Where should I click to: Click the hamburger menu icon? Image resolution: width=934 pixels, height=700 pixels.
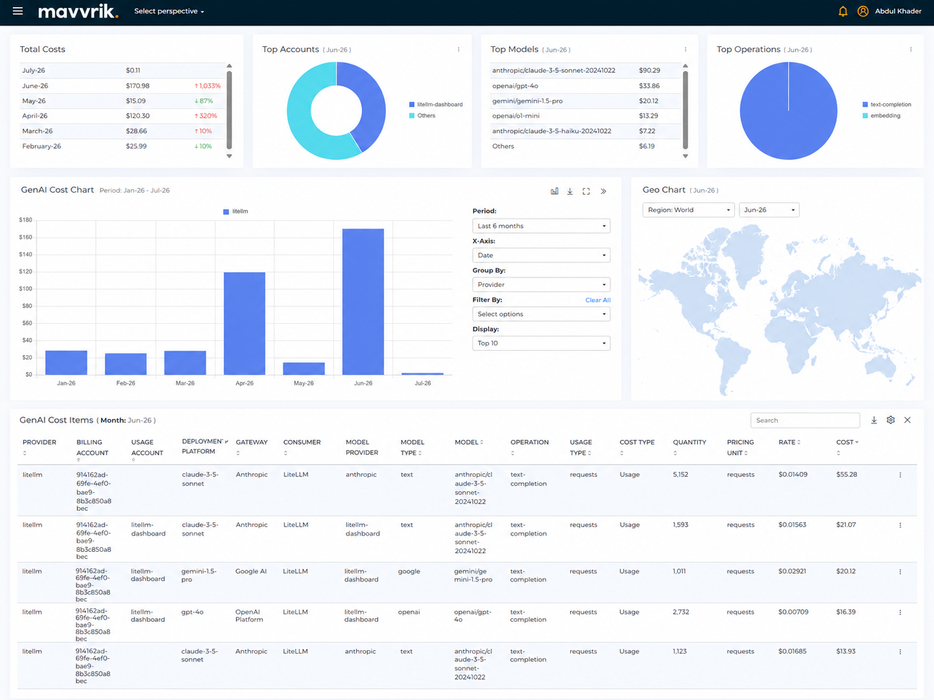coord(17,11)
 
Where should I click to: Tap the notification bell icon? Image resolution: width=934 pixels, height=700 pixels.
coord(842,12)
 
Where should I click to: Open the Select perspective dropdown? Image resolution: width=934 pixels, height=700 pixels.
coord(169,12)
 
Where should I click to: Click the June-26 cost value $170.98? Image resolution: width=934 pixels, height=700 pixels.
coord(137,86)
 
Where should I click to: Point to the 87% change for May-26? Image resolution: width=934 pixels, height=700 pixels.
coord(203,101)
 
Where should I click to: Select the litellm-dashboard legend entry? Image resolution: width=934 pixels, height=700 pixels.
coord(436,104)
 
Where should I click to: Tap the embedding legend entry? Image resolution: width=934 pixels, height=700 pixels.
coord(881,115)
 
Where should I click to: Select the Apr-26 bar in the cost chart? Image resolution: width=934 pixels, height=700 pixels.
coord(244,324)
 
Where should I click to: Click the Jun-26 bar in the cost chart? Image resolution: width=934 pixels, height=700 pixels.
coord(363,302)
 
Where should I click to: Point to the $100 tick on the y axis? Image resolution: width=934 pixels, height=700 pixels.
coord(26,289)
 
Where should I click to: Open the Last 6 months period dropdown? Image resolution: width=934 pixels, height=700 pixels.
coord(541,226)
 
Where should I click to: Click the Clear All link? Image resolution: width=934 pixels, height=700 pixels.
coord(597,300)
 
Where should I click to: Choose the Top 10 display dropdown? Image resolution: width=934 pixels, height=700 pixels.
coord(541,344)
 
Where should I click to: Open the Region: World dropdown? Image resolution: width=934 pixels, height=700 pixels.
coord(688,210)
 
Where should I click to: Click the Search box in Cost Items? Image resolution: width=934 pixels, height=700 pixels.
coord(804,420)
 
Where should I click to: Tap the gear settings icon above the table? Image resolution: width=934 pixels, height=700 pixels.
coord(890,420)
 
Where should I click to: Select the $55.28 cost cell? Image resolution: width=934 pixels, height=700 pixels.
coord(846,475)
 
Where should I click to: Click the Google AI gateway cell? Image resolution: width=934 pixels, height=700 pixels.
coord(251,572)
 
